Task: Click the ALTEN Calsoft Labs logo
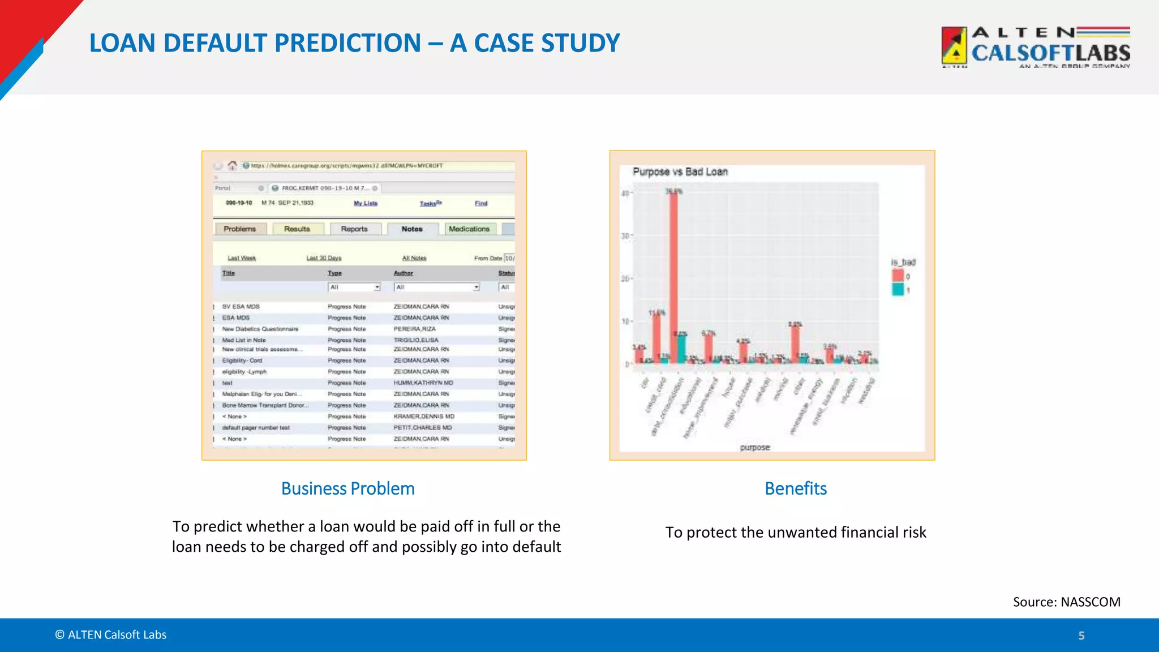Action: [1036, 48]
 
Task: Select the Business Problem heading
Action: [347, 488]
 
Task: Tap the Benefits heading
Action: [795, 488]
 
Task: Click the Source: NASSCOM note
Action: [1066, 602]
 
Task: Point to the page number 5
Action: [1081, 636]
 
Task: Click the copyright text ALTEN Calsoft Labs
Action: [111, 635]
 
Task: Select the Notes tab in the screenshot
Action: [412, 229]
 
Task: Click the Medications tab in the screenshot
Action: [469, 229]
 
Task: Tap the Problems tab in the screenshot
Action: [239, 229]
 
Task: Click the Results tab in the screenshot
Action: [297, 229]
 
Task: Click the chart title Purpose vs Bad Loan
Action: [680, 171]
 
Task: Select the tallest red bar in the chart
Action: [673, 277]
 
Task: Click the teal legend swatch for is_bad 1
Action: [898, 290]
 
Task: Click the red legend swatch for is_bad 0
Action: [898, 276]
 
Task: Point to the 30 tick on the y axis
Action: [625, 235]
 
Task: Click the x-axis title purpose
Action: [755, 447]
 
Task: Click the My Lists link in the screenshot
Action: [366, 203]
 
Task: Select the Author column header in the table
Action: [403, 273]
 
